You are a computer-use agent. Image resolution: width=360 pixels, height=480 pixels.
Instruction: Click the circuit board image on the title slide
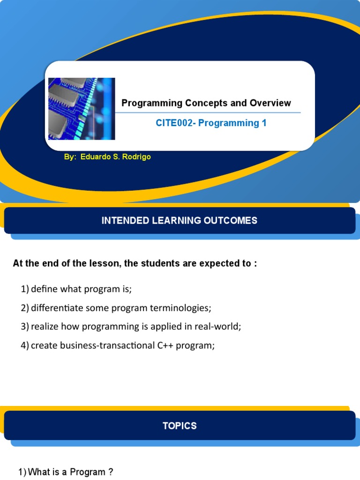(82, 109)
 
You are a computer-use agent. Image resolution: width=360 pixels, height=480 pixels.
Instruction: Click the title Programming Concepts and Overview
(206, 103)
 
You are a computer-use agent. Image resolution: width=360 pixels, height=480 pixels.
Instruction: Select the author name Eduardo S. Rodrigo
(115, 157)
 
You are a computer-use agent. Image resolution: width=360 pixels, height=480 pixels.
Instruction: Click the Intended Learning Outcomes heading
(180, 220)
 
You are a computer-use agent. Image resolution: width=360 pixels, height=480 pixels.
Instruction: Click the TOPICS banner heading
(180, 426)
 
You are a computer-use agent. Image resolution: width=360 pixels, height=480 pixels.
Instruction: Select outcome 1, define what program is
(76, 289)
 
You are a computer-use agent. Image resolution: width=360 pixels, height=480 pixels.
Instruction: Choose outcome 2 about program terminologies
(116, 308)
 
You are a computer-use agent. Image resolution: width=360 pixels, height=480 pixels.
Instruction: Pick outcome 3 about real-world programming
(131, 327)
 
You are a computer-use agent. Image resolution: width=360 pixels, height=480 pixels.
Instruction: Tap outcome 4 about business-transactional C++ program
(118, 346)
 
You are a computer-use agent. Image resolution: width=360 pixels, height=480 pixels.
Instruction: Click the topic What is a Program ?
(66, 472)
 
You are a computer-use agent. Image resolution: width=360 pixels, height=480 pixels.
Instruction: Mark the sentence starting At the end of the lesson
(135, 263)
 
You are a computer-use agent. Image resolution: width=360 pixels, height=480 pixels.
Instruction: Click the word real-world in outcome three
(220, 327)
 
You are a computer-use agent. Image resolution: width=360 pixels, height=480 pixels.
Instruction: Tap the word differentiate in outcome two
(52, 308)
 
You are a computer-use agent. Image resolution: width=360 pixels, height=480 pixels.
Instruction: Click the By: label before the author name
(70, 157)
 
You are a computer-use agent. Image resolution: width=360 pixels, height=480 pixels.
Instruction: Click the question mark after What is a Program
(111, 472)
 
